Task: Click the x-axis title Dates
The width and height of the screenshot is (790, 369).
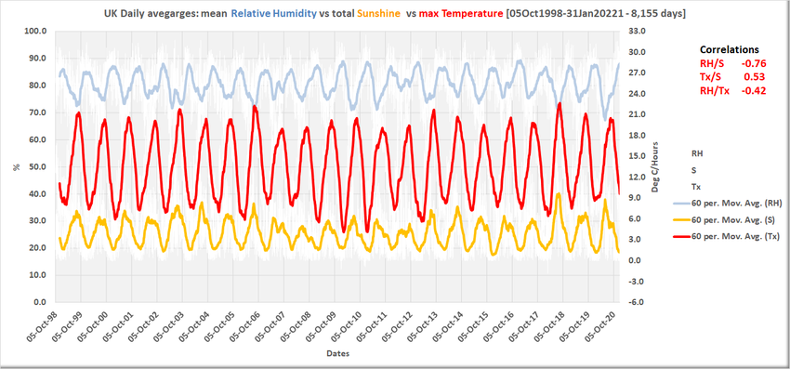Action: click(337, 354)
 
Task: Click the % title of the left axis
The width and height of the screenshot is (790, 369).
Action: click(16, 166)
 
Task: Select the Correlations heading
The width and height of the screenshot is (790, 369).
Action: click(729, 49)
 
